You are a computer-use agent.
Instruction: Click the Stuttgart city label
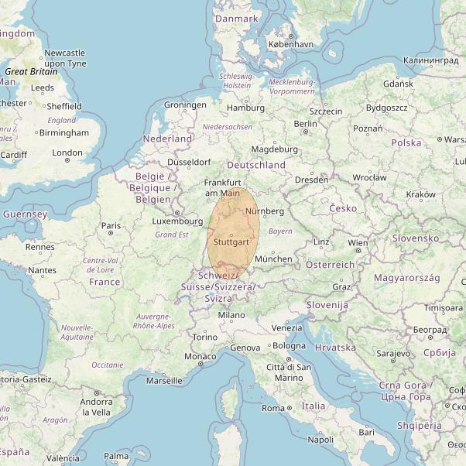tap(230, 242)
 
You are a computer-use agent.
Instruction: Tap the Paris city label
tap(111, 226)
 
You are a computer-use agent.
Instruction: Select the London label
tap(67, 152)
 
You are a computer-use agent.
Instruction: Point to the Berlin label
tap(306, 124)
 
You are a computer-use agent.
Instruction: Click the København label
tap(290, 45)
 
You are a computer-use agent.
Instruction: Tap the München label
tap(273, 259)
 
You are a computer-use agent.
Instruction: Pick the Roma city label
tap(273, 408)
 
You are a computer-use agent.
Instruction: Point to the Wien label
tap(358, 243)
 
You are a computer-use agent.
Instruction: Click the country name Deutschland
tap(256, 165)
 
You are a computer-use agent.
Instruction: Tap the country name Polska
tap(406, 143)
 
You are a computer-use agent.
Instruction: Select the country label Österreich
tap(330, 265)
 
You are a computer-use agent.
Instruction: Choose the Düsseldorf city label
tap(189, 163)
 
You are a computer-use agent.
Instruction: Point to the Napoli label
tap(320, 439)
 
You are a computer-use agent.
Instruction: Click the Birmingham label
tap(63, 132)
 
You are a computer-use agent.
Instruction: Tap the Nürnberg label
tap(264, 211)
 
